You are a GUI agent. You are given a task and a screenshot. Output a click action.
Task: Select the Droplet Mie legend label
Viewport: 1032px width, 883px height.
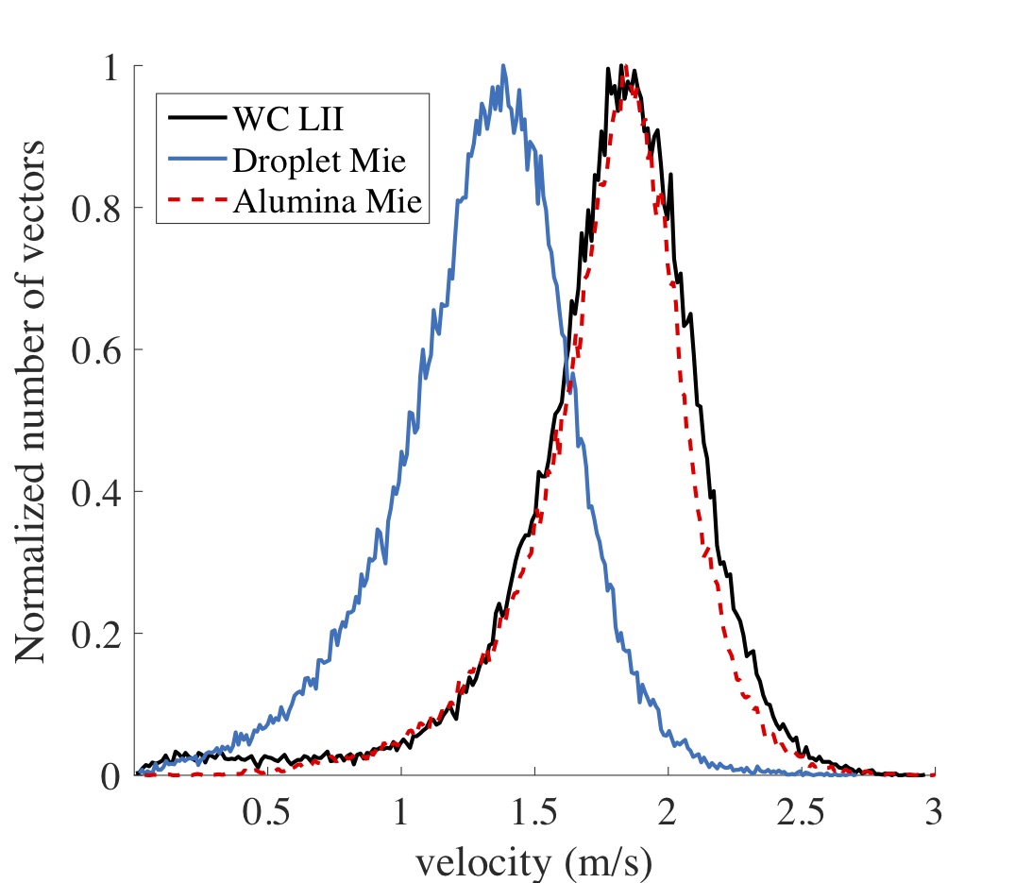point(318,161)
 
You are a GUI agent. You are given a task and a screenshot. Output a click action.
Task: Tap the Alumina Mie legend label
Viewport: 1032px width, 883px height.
point(326,202)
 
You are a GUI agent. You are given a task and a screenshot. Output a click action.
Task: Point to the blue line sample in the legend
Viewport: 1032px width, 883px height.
point(195,161)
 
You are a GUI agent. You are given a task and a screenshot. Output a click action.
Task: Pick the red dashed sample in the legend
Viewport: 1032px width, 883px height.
point(195,202)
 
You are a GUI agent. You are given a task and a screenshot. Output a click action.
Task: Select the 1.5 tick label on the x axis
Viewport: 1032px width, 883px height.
point(534,814)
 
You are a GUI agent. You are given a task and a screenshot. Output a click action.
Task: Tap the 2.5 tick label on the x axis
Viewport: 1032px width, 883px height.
point(801,814)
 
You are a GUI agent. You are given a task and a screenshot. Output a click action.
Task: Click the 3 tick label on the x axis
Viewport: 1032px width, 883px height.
point(934,814)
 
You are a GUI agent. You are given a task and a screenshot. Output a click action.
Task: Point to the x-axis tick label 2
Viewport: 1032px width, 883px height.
point(668,814)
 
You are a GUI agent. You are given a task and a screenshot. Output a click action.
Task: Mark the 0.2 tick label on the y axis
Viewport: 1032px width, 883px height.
point(105,634)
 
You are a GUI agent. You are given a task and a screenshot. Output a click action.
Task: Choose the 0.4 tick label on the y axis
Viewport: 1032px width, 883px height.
point(105,492)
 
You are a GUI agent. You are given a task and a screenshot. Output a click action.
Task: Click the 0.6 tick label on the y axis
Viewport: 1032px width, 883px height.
point(105,350)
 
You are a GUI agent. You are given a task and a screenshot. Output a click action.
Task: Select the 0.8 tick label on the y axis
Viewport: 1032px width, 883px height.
point(105,208)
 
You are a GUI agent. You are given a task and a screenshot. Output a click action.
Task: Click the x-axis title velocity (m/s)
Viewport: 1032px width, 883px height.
point(534,861)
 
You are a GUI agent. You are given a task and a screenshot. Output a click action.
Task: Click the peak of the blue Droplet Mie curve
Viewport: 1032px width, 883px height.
point(503,66)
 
